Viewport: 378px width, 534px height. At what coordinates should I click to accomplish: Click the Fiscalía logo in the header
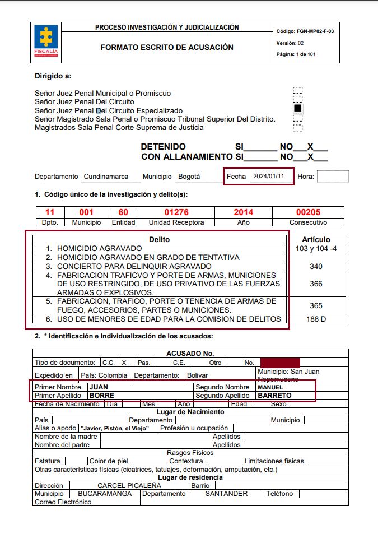[45, 41]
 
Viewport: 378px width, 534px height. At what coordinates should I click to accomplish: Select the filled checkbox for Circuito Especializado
[298, 108]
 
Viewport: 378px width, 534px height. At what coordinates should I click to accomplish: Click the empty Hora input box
[333, 177]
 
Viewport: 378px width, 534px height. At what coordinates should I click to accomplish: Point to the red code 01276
[176, 212]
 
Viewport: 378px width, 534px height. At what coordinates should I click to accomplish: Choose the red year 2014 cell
[243, 212]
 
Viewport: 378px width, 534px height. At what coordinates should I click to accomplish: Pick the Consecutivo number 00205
[308, 212]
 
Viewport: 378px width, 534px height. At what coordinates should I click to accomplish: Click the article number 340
[316, 266]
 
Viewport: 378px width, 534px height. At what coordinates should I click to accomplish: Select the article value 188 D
[316, 319]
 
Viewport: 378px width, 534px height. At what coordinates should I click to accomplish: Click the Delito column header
[159, 239]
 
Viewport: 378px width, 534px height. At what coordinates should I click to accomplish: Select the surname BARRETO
[274, 395]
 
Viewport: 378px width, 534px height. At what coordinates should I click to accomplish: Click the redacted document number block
[280, 363]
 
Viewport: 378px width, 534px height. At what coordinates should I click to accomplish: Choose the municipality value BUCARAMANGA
[105, 494]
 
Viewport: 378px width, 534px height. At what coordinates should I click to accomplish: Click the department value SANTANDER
[226, 494]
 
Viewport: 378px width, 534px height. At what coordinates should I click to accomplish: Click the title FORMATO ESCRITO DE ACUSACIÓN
[167, 48]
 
